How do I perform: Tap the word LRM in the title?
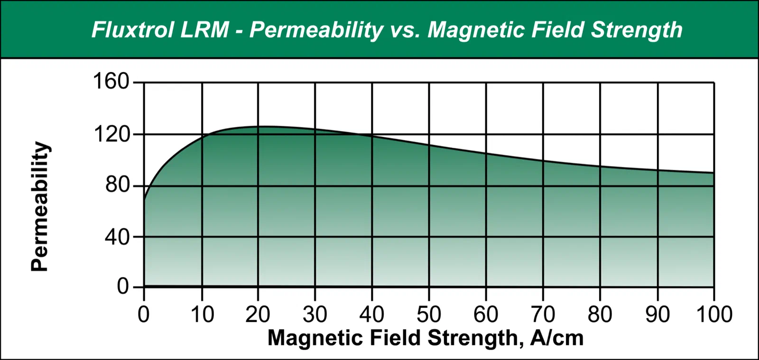click(204, 30)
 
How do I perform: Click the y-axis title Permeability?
click(40, 207)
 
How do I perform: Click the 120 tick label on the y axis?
click(111, 134)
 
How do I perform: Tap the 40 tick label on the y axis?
click(117, 237)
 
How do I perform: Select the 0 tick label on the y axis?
click(123, 286)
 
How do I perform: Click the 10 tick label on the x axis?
click(202, 314)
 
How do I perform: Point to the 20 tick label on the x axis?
click(258, 314)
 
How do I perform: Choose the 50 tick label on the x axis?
click(429, 314)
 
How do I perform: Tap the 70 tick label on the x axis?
click(543, 314)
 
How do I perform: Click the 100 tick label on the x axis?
click(714, 314)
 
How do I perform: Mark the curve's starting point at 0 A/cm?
click(144, 200)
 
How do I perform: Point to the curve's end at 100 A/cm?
click(714, 173)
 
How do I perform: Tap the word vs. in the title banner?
click(405, 30)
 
